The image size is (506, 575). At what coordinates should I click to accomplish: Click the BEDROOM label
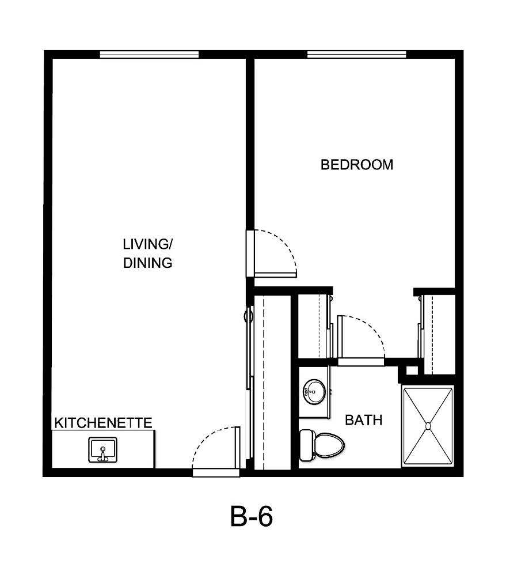click(x=357, y=165)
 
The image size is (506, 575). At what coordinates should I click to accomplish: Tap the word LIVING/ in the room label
click(x=147, y=244)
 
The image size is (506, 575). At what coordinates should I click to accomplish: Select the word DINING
click(x=148, y=263)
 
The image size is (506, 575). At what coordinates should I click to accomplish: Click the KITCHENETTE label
click(x=104, y=423)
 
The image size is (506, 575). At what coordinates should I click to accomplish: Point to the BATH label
click(x=363, y=420)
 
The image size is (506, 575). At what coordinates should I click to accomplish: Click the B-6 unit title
click(x=252, y=517)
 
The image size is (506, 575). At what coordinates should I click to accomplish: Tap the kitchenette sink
click(x=102, y=449)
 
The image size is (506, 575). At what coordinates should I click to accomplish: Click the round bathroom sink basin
click(x=314, y=392)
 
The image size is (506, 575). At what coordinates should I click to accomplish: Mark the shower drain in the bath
click(x=428, y=426)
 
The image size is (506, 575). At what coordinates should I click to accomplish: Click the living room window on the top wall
click(x=149, y=55)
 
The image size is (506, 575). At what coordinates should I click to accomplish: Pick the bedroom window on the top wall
click(x=356, y=55)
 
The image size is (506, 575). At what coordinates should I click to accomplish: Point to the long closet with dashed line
click(x=272, y=380)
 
